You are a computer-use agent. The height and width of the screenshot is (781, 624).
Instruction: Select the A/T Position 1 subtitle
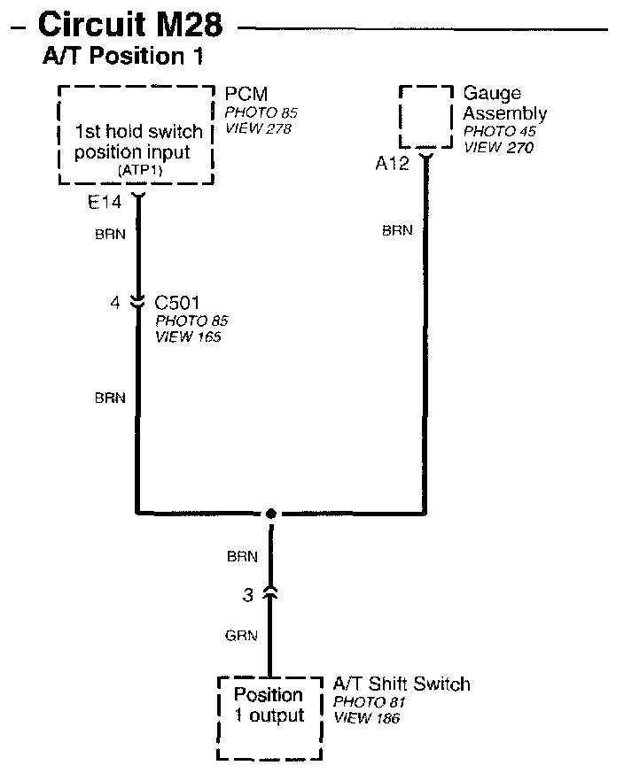pyautogui.click(x=123, y=58)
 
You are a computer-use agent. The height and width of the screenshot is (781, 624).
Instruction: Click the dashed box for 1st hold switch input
pyautogui.click(x=137, y=135)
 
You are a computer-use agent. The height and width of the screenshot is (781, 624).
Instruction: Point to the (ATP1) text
pyautogui.click(x=137, y=169)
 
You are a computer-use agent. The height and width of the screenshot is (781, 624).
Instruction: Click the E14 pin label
pyautogui.click(x=104, y=203)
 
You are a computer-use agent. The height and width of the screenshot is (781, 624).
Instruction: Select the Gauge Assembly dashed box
pyautogui.click(x=426, y=118)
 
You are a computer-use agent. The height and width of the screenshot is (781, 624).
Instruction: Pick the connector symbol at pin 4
pyautogui.click(x=137, y=303)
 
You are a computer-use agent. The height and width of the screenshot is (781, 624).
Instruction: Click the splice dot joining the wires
pyautogui.click(x=271, y=513)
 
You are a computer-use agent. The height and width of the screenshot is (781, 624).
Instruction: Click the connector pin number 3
pyautogui.click(x=248, y=595)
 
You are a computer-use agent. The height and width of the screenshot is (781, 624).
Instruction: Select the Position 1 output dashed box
pyautogui.click(x=269, y=717)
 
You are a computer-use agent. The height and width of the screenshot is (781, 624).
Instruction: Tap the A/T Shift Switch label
pyautogui.click(x=402, y=684)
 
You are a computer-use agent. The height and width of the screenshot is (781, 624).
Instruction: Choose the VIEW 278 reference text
pyautogui.click(x=258, y=128)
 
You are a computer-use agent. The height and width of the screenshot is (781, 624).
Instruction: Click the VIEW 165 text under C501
pyautogui.click(x=187, y=336)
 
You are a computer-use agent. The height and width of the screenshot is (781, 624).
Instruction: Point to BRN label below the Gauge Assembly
pyautogui.click(x=397, y=230)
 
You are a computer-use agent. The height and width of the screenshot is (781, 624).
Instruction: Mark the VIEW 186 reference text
pyautogui.click(x=366, y=718)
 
